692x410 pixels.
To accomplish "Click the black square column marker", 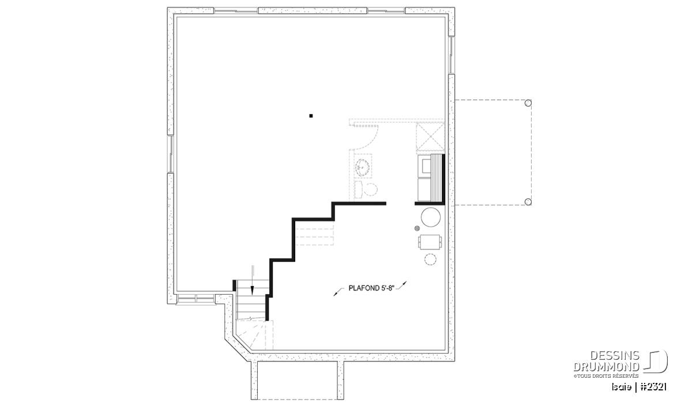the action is click(x=311, y=116).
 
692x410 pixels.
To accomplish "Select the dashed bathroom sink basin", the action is click(x=362, y=167).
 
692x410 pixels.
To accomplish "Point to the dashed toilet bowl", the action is click(x=370, y=189).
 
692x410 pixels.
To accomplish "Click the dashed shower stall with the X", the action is click(x=430, y=137).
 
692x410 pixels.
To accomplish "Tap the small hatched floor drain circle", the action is click(x=417, y=228).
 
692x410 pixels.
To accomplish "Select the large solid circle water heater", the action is click(x=431, y=217).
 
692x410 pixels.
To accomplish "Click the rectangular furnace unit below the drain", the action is click(x=430, y=242).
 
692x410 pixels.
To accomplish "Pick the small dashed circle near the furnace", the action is click(x=430, y=259).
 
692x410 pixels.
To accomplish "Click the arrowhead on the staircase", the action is click(x=252, y=291).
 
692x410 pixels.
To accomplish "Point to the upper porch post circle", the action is click(x=528, y=103).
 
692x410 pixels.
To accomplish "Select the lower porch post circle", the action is click(x=528, y=202).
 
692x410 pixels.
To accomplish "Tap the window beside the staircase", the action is click(x=196, y=299).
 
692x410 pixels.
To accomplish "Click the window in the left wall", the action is click(x=170, y=153).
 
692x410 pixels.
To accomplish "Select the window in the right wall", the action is click(x=452, y=55).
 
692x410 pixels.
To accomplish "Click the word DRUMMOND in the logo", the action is click(x=606, y=367).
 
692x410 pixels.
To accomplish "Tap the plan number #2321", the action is click(x=653, y=387).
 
